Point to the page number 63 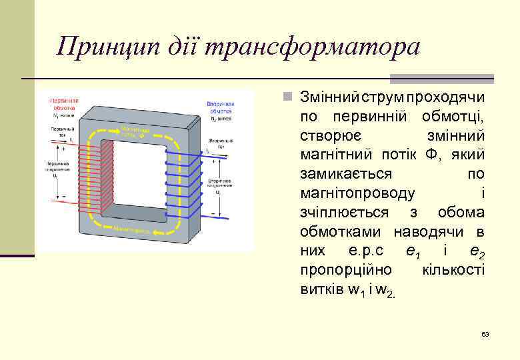485,333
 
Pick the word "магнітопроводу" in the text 358,193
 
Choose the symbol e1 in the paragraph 413,252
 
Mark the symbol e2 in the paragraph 476,252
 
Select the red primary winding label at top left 63,103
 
